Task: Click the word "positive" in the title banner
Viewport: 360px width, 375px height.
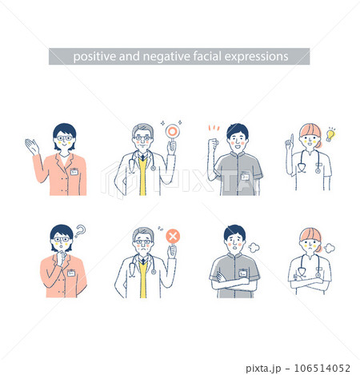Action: click(x=94, y=57)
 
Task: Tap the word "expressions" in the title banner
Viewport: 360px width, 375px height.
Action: click(x=256, y=57)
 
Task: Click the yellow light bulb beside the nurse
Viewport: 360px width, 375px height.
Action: click(x=331, y=134)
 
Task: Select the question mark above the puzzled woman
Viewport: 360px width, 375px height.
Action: click(x=80, y=231)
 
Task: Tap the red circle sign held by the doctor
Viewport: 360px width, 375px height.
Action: click(x=172, y=131)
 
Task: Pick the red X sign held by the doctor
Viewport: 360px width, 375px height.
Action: click(x=173, y=237)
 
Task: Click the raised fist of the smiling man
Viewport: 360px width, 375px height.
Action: click(x=214, y=145)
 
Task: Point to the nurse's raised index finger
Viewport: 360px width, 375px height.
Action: click(x=292, y=138)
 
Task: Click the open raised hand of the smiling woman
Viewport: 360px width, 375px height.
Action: click(x=32, y=146)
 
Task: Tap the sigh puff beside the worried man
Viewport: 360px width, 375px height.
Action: click(x=254, y=248)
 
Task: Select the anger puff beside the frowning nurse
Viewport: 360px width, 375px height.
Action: click(x=330, y=248)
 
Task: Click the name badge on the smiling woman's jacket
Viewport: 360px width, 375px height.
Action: click(x=74, y=172)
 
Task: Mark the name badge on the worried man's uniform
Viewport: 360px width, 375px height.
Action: click(x=242, y=273)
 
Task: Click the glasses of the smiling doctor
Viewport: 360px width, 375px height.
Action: click(x=142, y=138)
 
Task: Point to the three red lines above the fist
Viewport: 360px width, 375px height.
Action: click(x=214, y=128)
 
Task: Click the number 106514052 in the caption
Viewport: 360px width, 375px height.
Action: click(x=322, y=369)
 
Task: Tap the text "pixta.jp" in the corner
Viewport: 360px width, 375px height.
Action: click(x=263, y=369)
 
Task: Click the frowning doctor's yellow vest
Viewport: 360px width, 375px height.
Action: click(x=143, y=279)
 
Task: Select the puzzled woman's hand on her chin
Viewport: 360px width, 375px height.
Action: click(x=62, y=257)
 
